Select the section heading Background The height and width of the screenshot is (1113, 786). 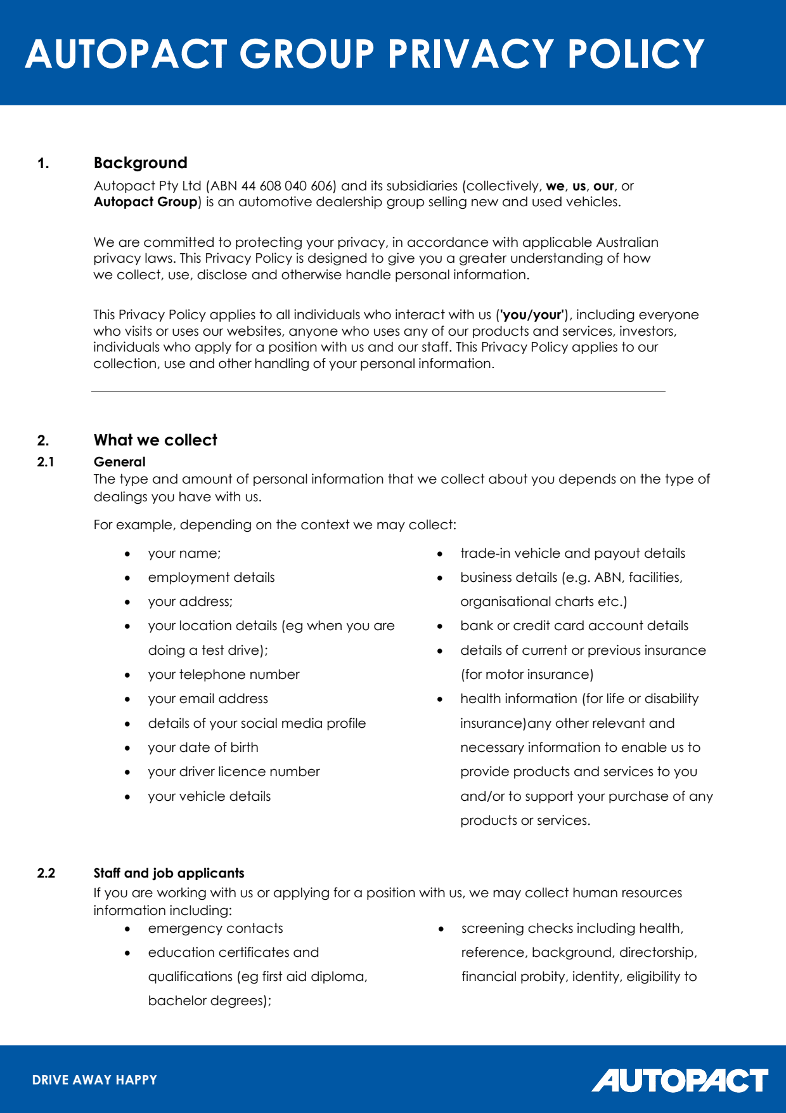140,163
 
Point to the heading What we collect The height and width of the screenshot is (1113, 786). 155,440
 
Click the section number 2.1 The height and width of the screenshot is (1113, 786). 46,462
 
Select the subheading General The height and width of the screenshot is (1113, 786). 120,462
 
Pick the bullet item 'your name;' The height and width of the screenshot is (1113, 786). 184,553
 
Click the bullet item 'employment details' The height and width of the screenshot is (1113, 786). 211,577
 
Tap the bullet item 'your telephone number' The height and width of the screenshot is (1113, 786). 224,675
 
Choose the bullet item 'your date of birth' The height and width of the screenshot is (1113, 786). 203,747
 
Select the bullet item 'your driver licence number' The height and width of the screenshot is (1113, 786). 234,772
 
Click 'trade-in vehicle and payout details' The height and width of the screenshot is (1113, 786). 572,553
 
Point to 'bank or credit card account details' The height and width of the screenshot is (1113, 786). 574,626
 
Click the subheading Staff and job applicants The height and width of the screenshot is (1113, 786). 169,873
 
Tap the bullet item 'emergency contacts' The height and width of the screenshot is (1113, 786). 216,928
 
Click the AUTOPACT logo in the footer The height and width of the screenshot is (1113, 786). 680,1080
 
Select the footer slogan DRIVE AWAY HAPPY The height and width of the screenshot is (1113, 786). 94,1080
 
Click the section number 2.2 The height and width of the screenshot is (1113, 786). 46,873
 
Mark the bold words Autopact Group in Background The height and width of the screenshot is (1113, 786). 146,202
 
